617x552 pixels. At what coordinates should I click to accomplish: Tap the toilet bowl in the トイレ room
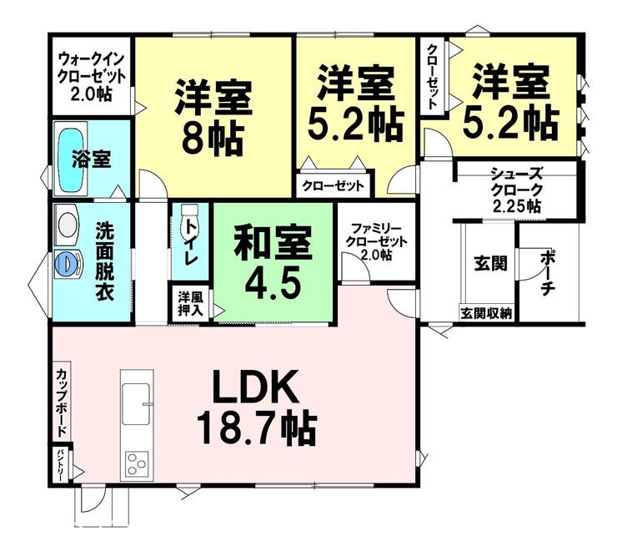tap(190, 220)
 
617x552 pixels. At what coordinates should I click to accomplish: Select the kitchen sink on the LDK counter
tap(136, 404)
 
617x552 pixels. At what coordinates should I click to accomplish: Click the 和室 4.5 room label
tap(273, 263)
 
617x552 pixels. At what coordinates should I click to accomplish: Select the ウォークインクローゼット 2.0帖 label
tap(91, 77)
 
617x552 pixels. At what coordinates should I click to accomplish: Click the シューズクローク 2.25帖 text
tap(517, 190)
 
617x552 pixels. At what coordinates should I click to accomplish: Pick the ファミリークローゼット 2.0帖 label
tap(376, 241)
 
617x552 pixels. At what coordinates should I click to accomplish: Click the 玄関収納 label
tap(486, 314)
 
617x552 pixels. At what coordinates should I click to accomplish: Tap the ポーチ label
tap(548, 272)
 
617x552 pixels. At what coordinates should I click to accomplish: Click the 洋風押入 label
tap(190, 303)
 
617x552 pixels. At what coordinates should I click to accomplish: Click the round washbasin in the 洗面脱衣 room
tap(68, 224)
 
